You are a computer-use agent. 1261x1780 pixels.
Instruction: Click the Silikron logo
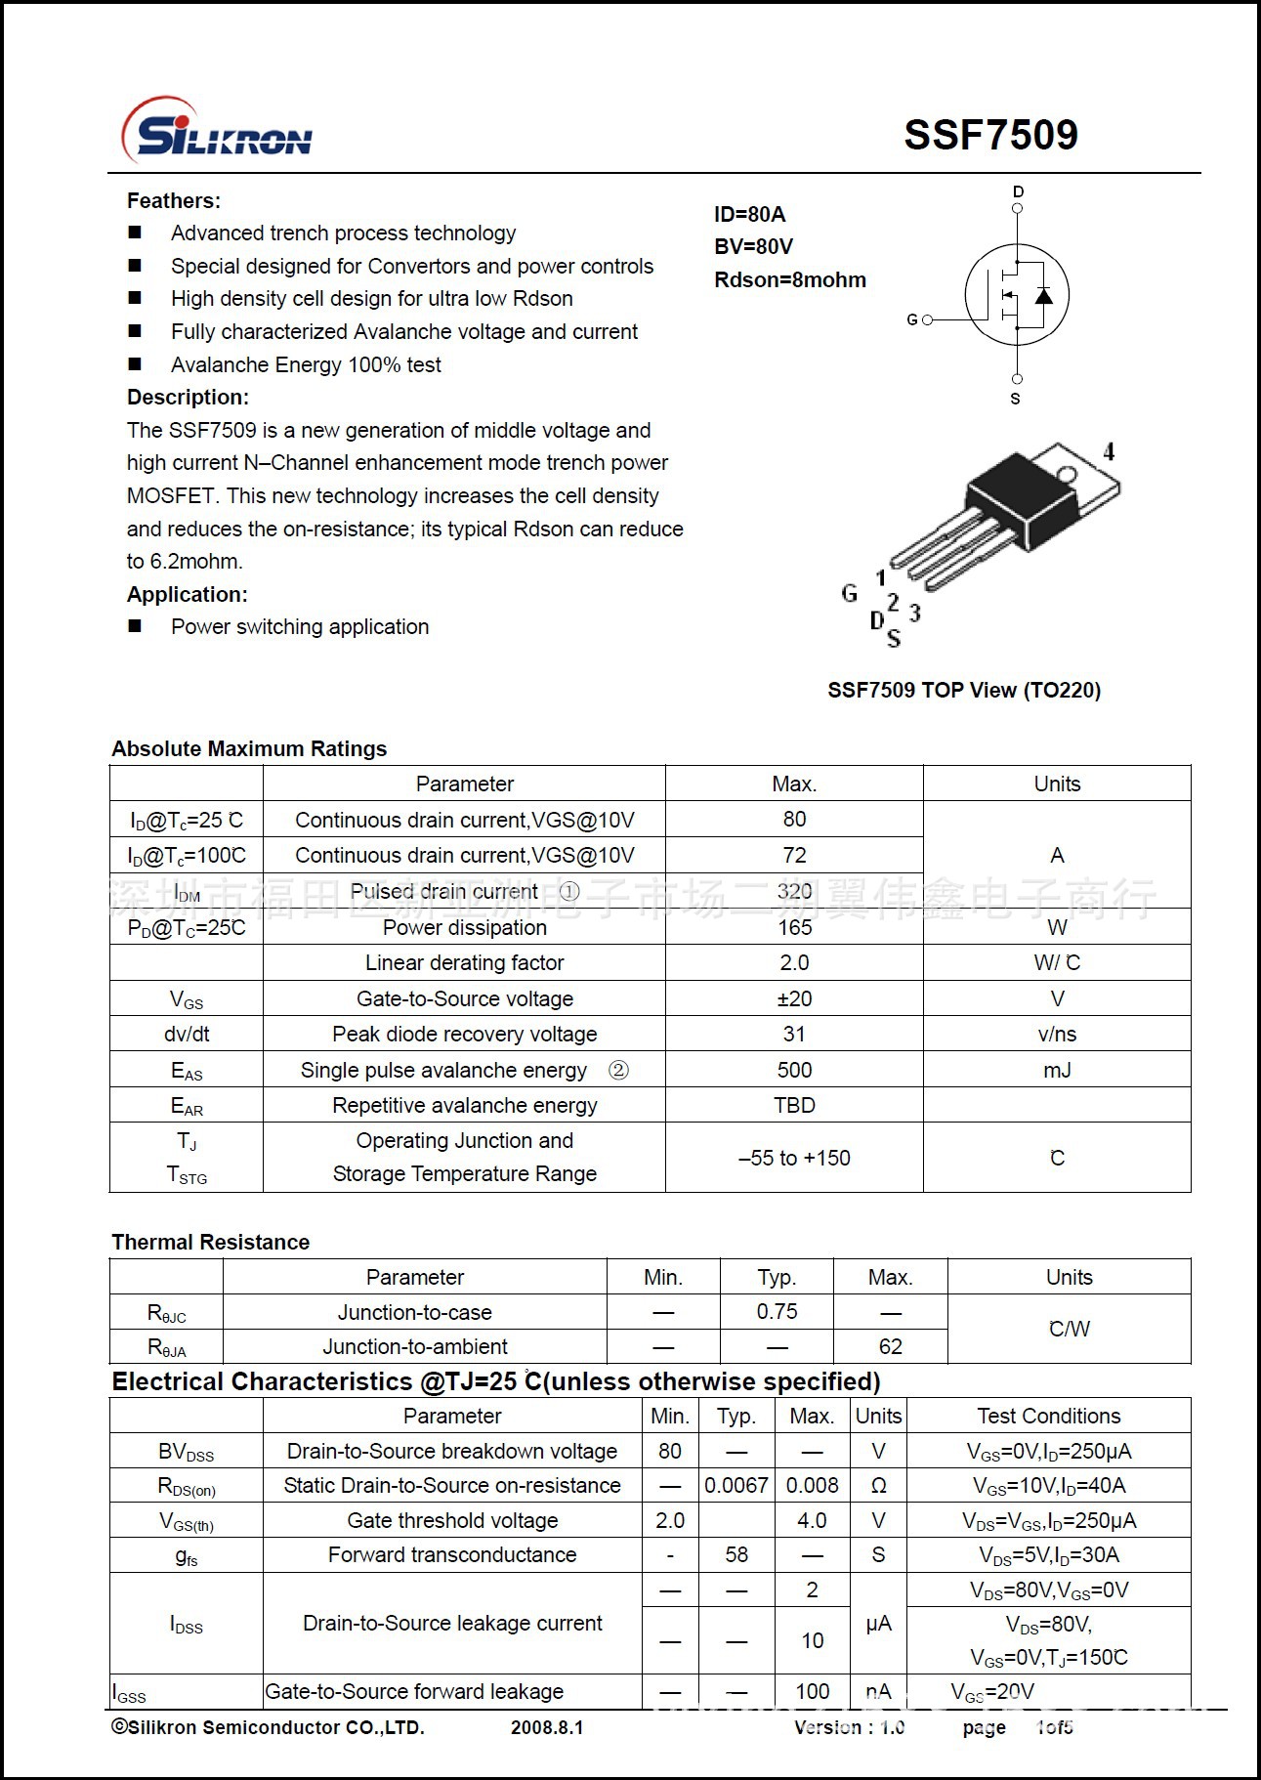coord(217,132)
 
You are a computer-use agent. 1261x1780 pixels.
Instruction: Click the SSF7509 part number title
coord(990,135)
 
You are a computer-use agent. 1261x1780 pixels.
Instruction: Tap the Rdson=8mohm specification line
coord(789,280)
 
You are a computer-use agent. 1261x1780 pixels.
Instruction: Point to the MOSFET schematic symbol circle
coord(1016,294)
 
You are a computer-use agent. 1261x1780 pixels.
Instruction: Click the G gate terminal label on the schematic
coord(912,319)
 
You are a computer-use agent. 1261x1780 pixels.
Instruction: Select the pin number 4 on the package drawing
coord(1109,451)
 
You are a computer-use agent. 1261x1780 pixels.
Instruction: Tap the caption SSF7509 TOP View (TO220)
coord(964,691)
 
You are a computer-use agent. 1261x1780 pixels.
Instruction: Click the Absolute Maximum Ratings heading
coord(249,749)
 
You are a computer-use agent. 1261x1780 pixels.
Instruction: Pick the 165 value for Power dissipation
coord(794,927)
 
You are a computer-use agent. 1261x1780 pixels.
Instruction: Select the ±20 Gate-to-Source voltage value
coord(794,998)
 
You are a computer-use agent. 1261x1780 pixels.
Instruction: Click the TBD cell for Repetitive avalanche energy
coord(794,1105)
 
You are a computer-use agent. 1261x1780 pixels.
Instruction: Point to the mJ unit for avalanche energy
coord(1057,1070)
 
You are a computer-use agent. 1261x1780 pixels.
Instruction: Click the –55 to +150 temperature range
coord(794,1158)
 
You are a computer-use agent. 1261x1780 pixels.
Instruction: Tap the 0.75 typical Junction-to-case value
coord(777,1312)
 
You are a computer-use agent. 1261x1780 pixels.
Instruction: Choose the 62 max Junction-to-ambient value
coord(890,1346)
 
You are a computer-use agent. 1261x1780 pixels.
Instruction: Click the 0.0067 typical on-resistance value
coord(736,1485)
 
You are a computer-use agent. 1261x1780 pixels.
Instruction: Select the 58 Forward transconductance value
coord(736,1554)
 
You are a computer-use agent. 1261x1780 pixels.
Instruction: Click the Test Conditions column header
coord(1049,1416)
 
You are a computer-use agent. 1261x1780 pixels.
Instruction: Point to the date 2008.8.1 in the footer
coord(547,1727)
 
